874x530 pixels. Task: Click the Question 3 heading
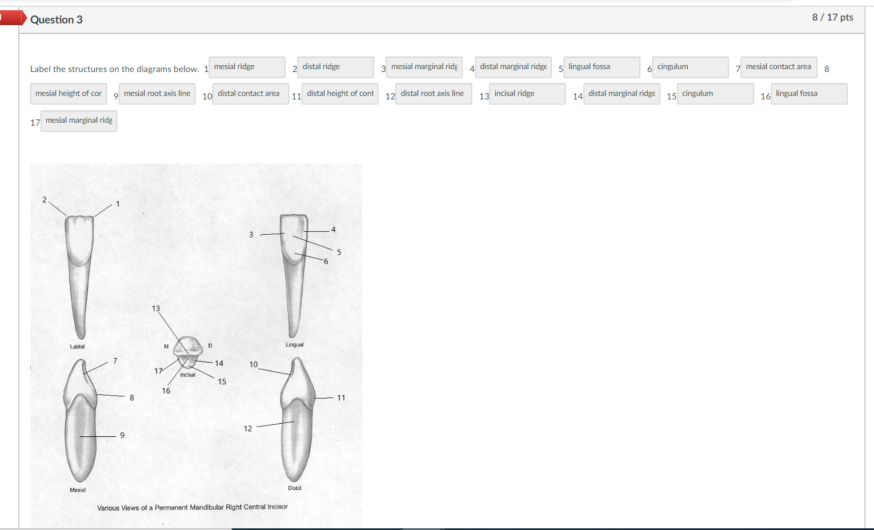[x=56, y=19]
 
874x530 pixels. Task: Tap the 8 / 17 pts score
[x=832, y=17]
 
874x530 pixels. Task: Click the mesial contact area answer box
[x=779, y=67]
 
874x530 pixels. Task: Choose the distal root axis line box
[x=433, y=94]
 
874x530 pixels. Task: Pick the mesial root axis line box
[x=157, y=94]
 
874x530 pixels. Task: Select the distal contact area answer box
[x=250, y=94]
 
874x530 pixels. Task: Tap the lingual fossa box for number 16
[x=808, y=94]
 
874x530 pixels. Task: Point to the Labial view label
[x=77, y=347]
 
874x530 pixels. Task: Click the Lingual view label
[x=295, y=344]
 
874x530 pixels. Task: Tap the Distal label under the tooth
[x=295, y=488]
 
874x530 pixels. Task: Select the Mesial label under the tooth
[x=78, y=489]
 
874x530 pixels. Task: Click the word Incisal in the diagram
[x=187, y=375]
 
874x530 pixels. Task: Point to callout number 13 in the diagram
[x=156, y=308]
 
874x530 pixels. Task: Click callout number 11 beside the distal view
[x=341, y=397]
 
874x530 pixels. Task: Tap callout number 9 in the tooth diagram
[x=122, y=435]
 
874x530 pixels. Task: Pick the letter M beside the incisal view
[x=166, y=346]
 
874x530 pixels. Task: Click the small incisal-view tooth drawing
[x=189, y=351]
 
